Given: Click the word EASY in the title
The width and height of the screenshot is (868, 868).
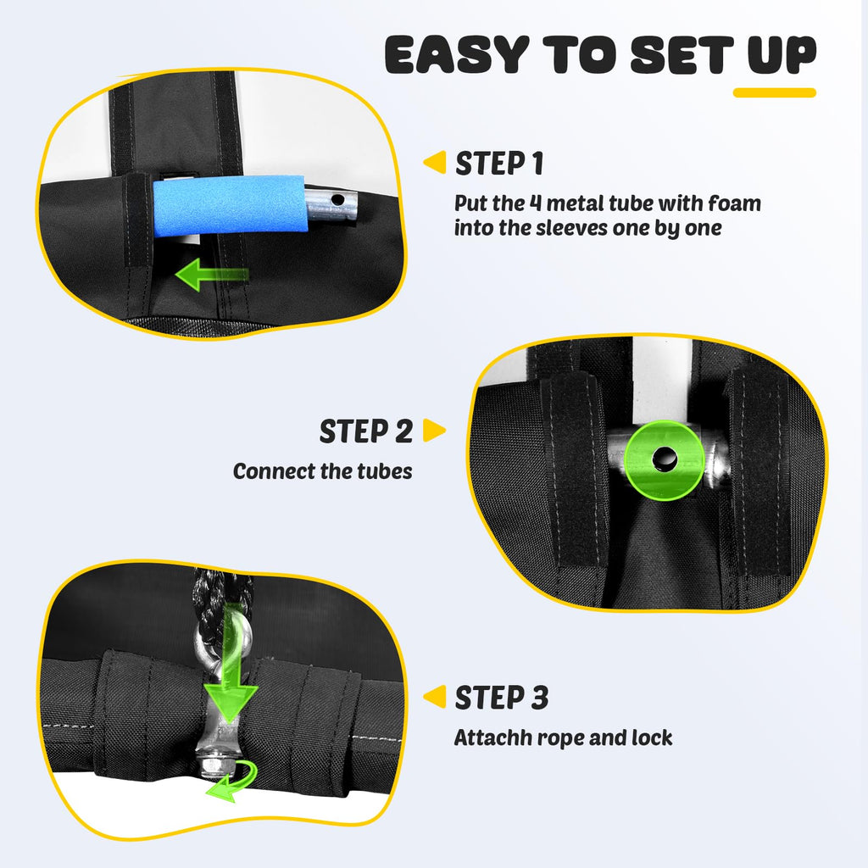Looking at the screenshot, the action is [x=457, y=54].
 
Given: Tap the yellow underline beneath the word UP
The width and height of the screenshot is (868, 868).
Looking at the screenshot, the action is [x=775, y=92].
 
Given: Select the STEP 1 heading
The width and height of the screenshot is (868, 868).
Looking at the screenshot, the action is [x=499, y=164].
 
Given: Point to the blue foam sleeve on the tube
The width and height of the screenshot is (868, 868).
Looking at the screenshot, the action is [x=229, y=205].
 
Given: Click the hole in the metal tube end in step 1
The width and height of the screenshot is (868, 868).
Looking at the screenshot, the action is [x=337, y=198].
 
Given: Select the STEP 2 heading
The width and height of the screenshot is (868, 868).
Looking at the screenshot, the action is [x=366, y=431].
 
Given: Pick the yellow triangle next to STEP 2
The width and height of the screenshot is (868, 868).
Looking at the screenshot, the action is [x=434, y=430].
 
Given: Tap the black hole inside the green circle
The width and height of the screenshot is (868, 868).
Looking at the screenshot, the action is [x=665, y=459].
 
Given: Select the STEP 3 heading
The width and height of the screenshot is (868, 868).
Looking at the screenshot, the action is [x=502, y=698].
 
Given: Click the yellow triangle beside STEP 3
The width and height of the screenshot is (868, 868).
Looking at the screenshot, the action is [x=435, y=697].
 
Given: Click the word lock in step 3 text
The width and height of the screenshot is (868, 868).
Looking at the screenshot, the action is [x=653, y=737].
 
